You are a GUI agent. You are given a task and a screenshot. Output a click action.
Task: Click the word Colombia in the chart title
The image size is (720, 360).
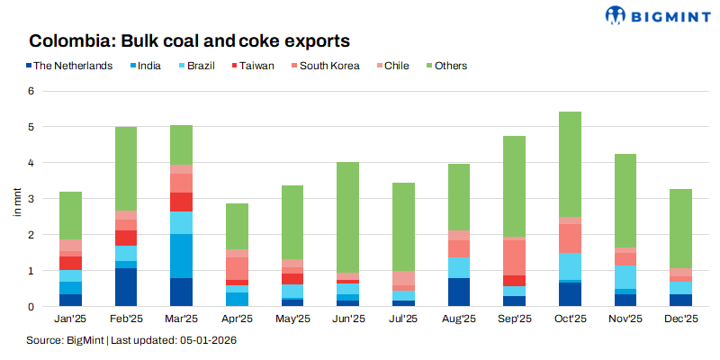(69, 40)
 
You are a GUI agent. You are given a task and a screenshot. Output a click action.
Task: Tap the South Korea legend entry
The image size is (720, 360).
(328, 66)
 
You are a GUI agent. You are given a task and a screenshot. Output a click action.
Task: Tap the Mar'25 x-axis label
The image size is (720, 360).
(182, 318)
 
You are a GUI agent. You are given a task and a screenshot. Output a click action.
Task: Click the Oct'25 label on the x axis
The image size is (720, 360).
(571, 318)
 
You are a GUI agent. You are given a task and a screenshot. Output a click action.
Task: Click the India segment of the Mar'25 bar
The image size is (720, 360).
(182, 256)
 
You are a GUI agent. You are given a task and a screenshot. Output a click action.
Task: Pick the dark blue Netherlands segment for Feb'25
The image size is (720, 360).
(126, 287)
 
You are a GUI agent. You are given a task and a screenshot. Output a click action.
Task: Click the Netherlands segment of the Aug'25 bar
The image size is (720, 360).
(459, 292)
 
